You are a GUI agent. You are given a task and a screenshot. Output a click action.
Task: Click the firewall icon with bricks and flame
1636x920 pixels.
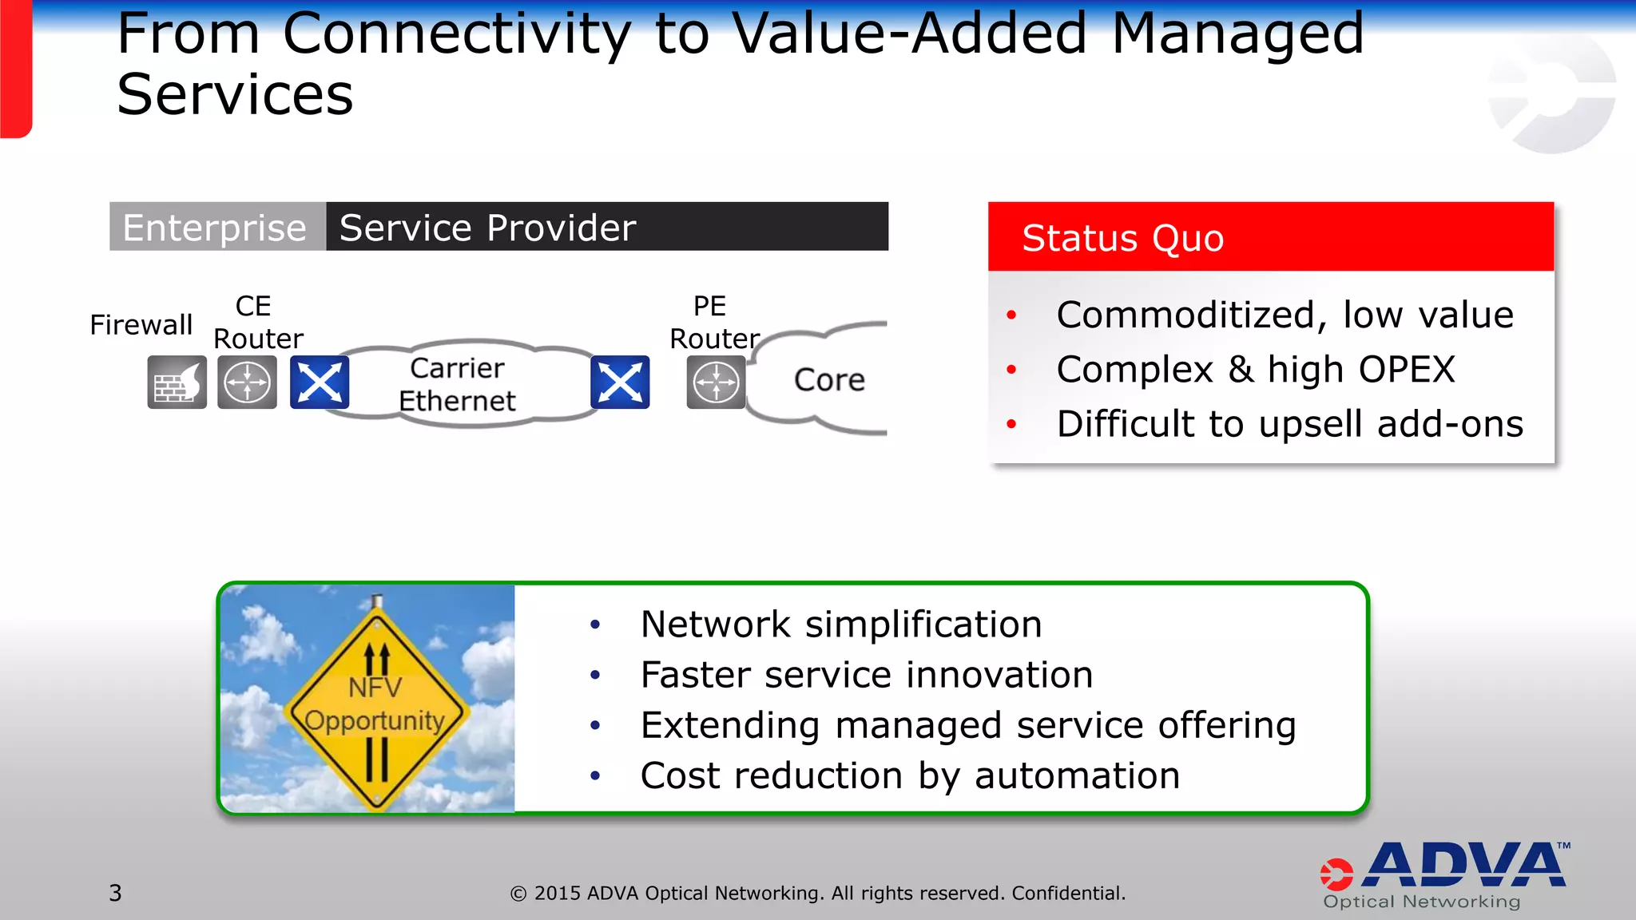[x=177, y=382]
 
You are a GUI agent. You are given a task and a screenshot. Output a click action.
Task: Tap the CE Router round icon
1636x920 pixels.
[x=247, y=382]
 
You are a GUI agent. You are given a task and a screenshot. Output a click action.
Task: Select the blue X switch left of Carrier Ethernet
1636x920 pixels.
[x=319, y=382]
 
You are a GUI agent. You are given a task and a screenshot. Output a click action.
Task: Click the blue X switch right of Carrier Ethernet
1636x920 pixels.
[x=620, y=382]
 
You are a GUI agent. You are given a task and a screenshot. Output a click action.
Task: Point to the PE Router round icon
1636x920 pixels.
[x=716, y=382]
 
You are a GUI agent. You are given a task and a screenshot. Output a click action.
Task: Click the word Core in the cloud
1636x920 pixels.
[x=829, y=379]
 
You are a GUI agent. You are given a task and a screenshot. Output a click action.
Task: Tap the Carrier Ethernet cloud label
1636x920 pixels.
[x=457, y=384]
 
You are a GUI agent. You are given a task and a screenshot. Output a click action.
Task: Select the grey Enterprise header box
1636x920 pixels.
[x=216, y=228]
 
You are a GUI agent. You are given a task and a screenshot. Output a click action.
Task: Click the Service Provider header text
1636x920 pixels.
[x=487, y=228]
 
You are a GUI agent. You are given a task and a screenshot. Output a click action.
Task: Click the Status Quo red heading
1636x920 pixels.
[x=1122, y=238]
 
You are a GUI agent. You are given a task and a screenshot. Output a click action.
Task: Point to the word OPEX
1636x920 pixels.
[x=1407, y=370]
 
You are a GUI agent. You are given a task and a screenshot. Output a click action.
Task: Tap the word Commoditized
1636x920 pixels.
[x=1185, y=315]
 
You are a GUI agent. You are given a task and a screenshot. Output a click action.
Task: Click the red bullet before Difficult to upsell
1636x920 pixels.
[x=1011, y=424]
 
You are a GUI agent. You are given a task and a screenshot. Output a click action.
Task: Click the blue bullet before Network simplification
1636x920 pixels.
[x=594, y=625]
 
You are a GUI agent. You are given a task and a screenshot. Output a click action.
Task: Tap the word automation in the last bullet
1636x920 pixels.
[x=1077, y=775]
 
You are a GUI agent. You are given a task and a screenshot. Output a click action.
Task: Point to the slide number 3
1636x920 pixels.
[x=115, y=893]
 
